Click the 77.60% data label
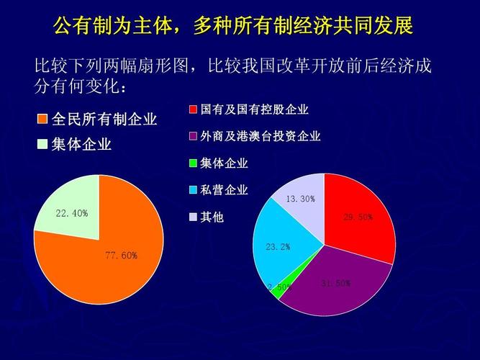(x=121, y=255)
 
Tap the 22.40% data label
(x=71, y=213)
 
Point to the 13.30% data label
(x=300, y=199)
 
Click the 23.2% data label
(x=278, y=247)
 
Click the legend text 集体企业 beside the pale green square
(x=81, y=144)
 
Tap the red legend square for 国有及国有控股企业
(x=193, y=109)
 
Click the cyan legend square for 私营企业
(x=193, y=190)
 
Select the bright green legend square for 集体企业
(x=193, y=163)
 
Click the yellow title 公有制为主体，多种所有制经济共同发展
(x=233, y=27)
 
